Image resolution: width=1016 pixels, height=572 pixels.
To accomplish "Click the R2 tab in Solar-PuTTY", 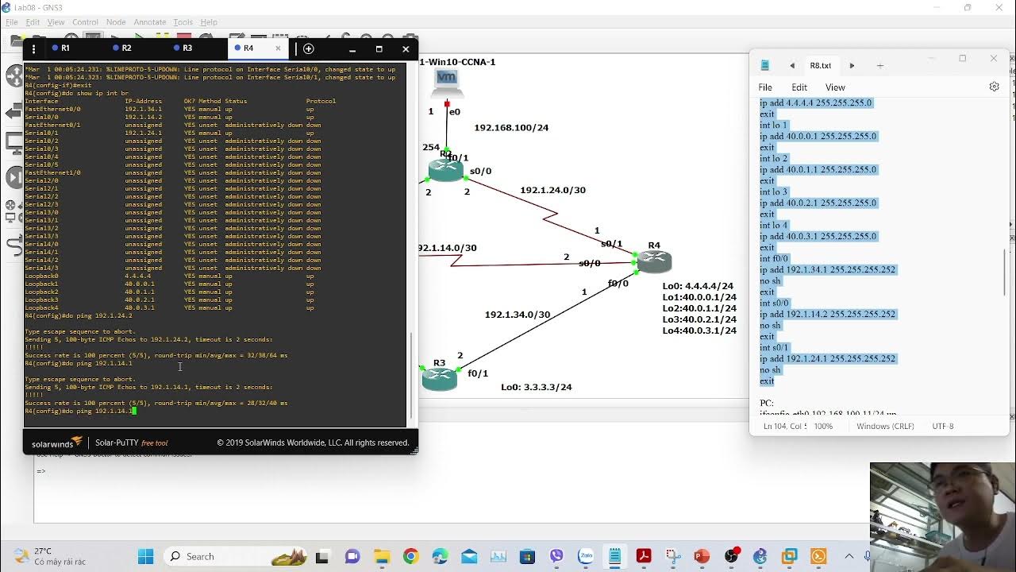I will (125, 48).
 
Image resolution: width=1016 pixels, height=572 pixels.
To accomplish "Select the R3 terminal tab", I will (187, 48).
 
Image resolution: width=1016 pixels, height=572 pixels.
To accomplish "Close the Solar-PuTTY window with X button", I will (406, 49).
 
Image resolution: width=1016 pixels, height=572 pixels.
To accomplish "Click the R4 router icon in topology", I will (655, 261).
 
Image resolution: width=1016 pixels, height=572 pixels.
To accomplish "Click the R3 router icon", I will (440, 379).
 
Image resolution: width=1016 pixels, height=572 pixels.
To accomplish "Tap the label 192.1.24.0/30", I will (552, 191).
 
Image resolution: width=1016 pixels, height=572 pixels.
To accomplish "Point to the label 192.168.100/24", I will (511, 128).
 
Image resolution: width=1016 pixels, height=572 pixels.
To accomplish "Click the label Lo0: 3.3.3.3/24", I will (536, 388).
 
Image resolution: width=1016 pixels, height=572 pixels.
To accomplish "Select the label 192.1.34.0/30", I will (518, 315).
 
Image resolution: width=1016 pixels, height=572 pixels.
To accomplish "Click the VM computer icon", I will (447, 78).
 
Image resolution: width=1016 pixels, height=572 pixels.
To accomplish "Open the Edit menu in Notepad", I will (799, 87).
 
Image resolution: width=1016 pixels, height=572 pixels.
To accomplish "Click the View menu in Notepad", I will (835, 87).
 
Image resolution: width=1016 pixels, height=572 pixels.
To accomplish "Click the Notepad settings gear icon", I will (994, 87).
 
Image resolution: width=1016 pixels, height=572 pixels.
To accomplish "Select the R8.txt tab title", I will (820, 66).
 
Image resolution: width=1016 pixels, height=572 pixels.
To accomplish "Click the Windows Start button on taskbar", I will (145, 556).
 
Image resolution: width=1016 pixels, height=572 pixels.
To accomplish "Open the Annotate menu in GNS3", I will (149, 22).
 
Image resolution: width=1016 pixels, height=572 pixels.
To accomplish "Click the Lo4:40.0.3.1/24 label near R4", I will (699, 330).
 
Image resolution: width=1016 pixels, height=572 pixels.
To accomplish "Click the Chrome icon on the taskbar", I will (410, 556).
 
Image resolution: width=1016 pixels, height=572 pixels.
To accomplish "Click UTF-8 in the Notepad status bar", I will (943, 427).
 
